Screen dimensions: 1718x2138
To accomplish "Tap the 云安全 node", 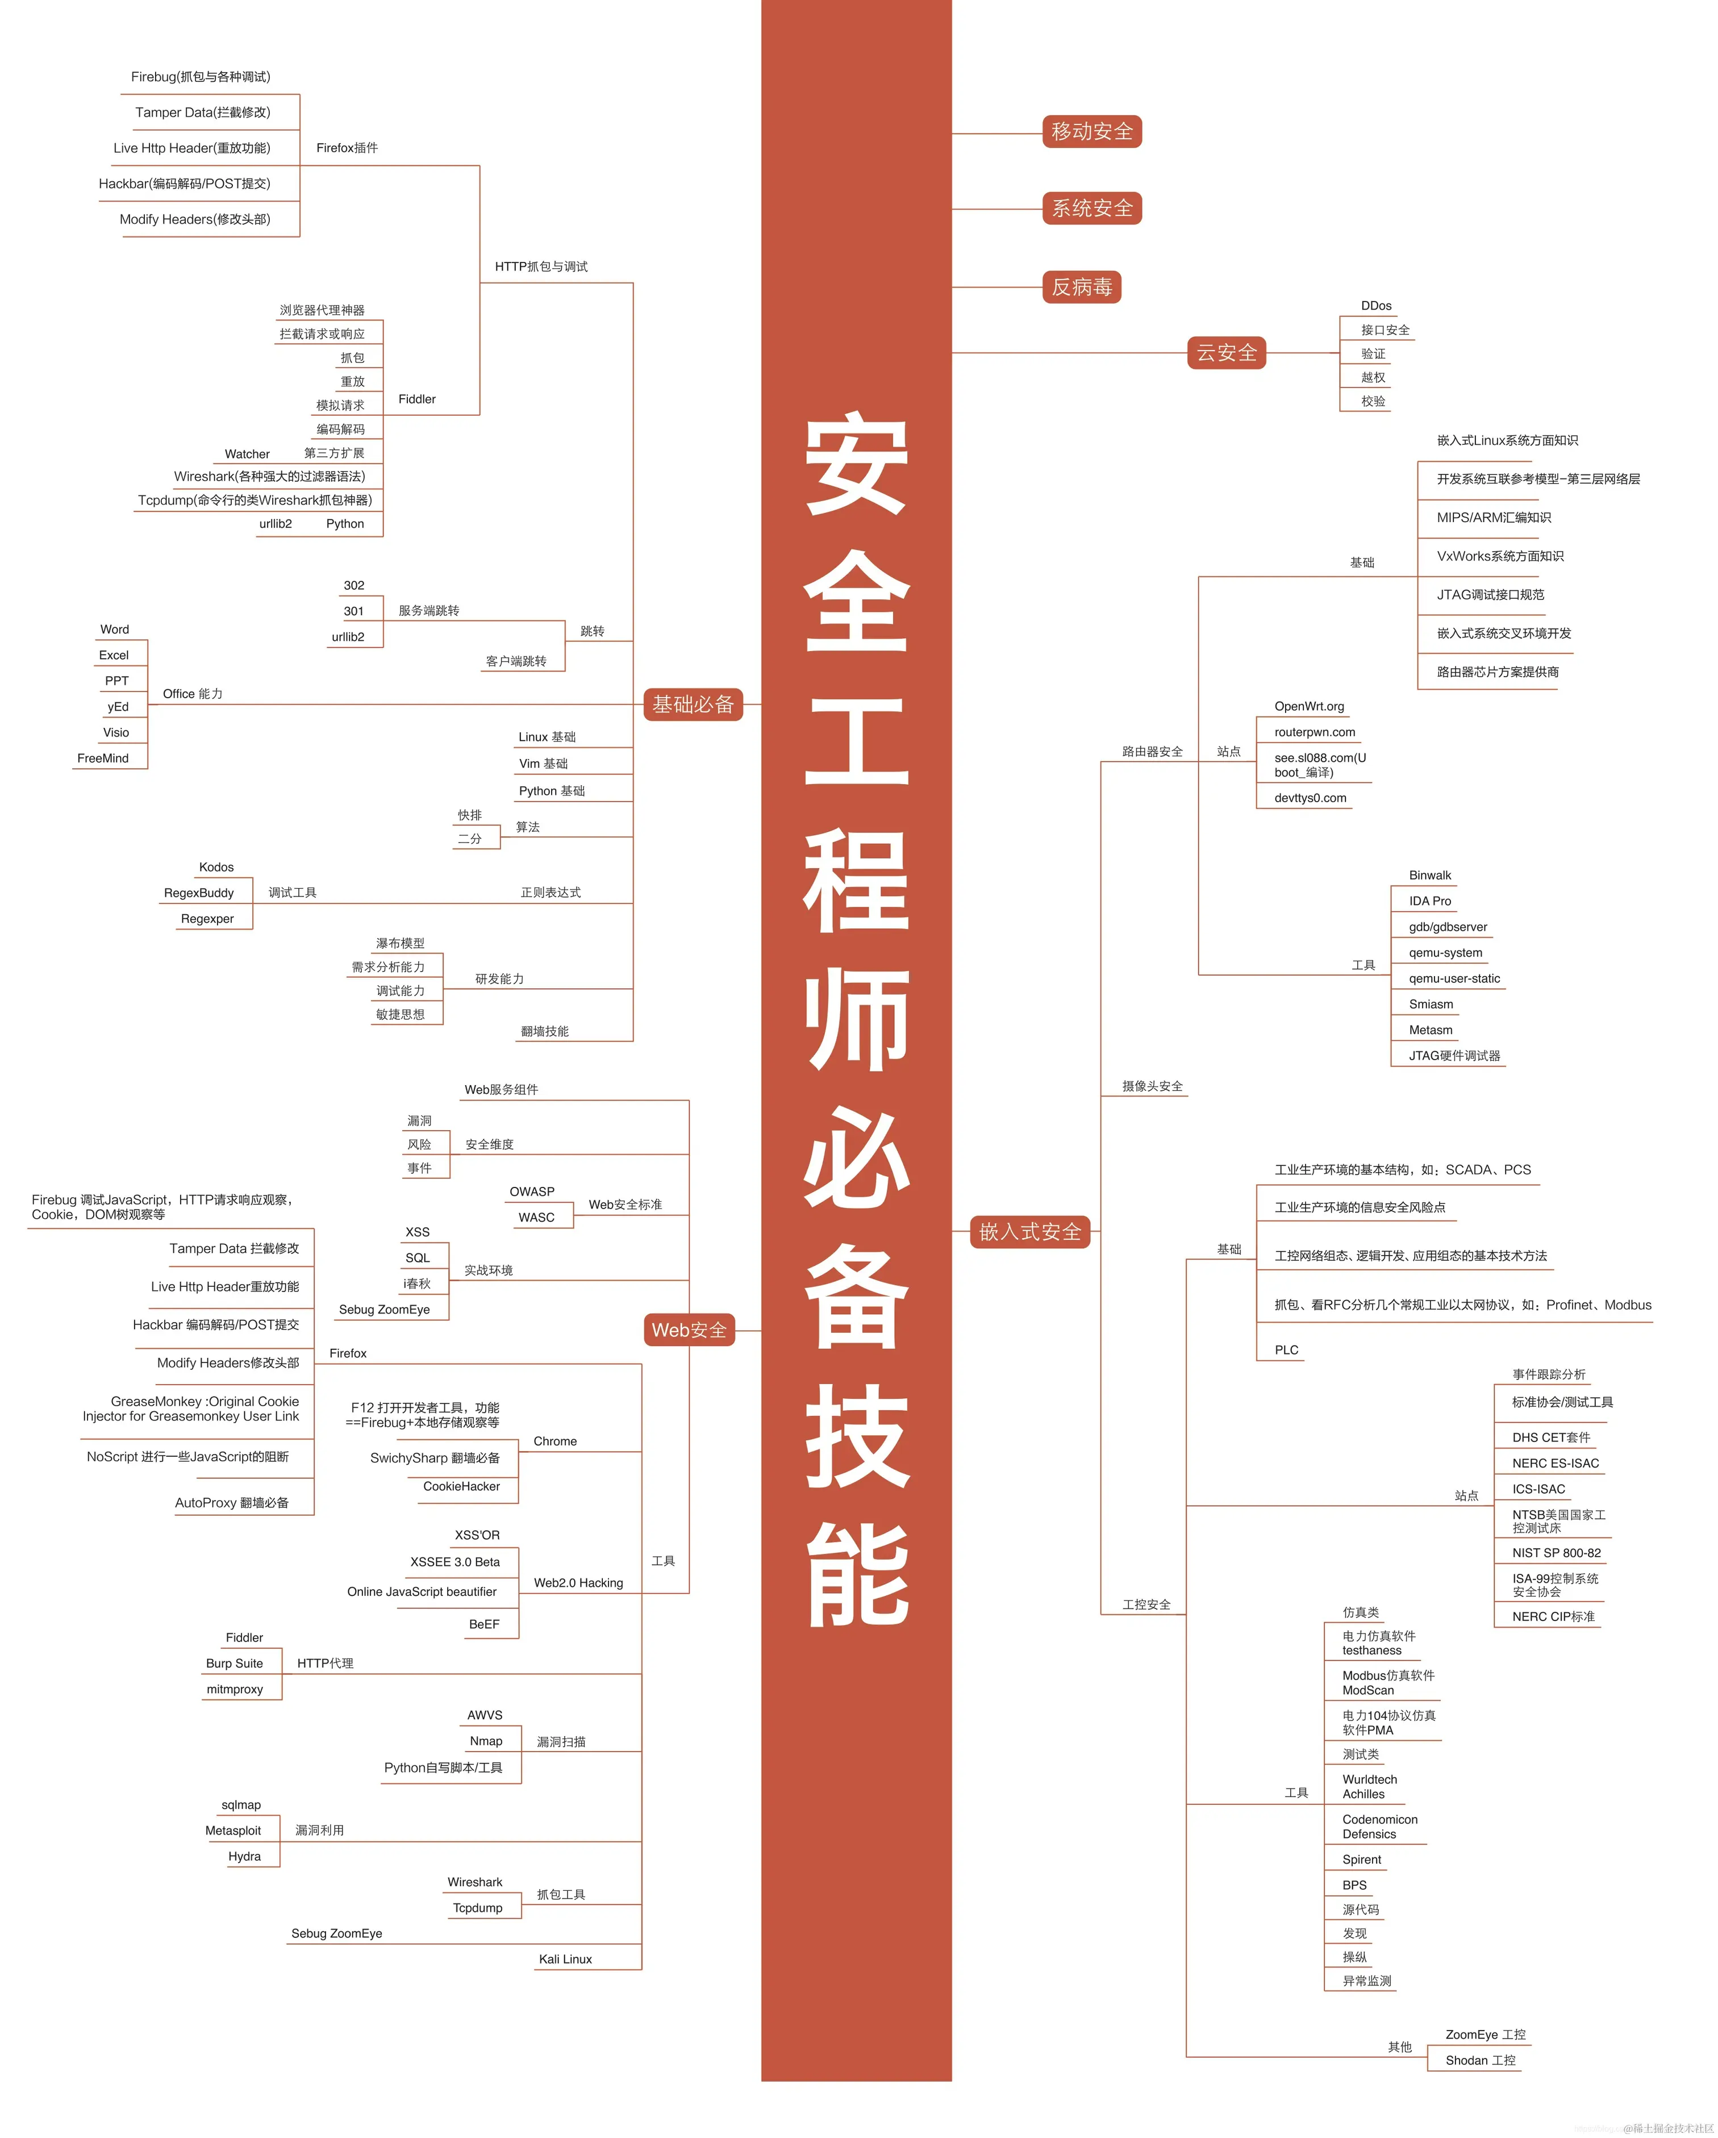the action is coord(1227,353).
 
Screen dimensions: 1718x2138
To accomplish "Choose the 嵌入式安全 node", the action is coord(1029,1232).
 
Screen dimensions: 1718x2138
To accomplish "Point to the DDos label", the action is coord(1376,306).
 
